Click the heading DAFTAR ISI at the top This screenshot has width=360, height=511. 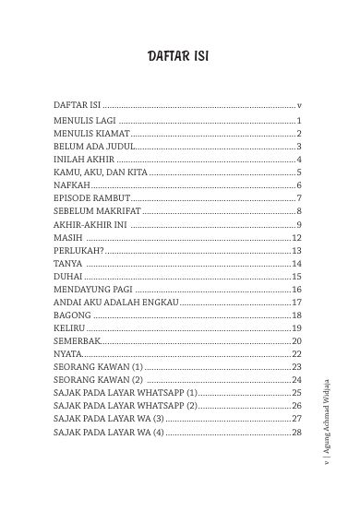click(x=179, y=58)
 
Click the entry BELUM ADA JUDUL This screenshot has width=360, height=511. click(x=94, y=147)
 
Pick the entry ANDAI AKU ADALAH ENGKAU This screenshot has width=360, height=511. click(x=112, y=302)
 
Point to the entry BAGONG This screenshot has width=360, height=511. click(x=72, y=315)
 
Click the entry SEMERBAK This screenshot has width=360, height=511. click(x=77, y=340)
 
